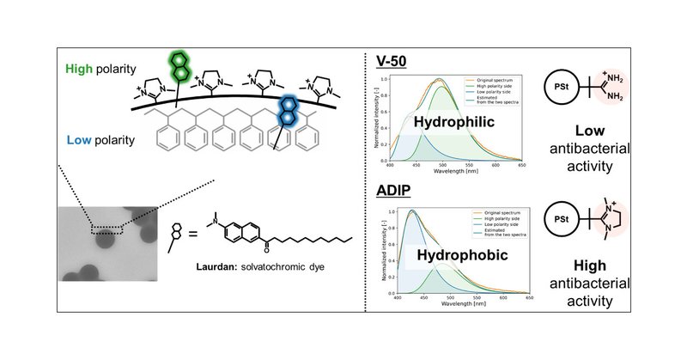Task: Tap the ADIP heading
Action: [395, 190]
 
